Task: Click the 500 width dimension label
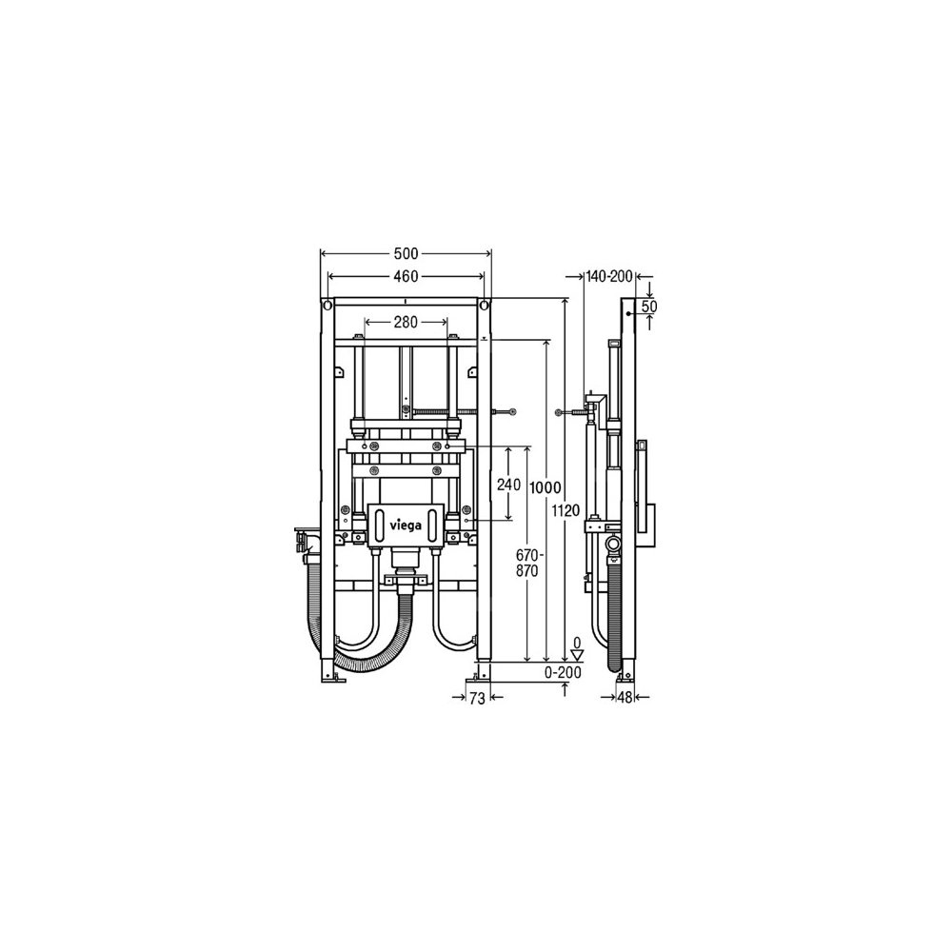tap(406, 253)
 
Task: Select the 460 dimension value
tap(406, 276)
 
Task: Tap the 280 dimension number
tap(406, 322)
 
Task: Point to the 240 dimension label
tap(508, 485)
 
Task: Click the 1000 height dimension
tap(545, 486)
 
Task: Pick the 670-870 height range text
tap(527, 563)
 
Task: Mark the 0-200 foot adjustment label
tap(563, 672)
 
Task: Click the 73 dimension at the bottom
tap(477, 699)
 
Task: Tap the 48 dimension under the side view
tap(625, 698)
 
